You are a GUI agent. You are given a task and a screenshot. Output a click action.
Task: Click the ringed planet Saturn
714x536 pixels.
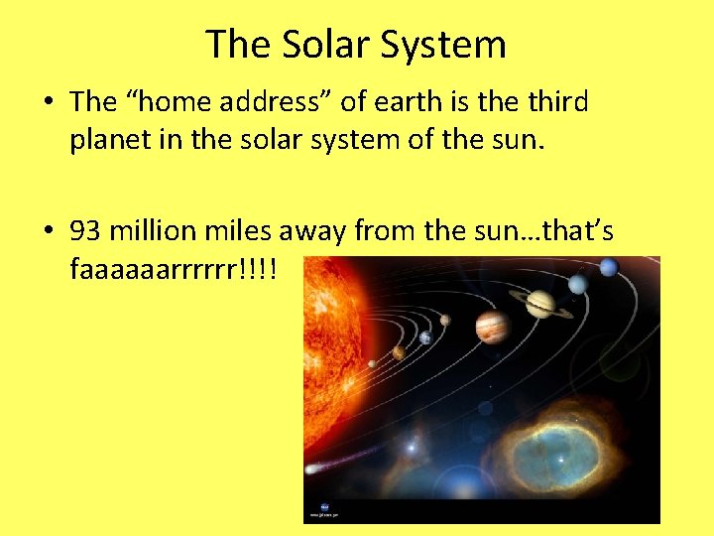(x=540, y=304)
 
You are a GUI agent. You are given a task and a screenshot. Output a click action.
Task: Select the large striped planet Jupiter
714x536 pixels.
(x=492, y=326)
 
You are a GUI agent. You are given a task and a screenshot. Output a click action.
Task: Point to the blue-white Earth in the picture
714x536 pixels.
(x=425, y=337)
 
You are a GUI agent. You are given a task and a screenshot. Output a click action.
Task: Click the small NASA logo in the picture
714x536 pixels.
(x=315, y=506)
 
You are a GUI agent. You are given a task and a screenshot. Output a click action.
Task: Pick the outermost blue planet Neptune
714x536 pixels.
(x=609, y=266)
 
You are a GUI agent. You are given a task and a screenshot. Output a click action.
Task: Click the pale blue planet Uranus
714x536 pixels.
(x=578, y=284)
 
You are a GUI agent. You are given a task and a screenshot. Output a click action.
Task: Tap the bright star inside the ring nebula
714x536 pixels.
(x=560, y=460)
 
